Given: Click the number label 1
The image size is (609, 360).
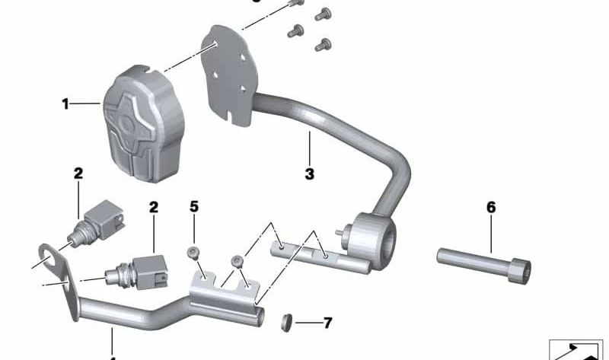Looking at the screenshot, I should (x=65, y=104).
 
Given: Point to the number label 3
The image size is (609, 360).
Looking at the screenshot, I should (x=309, y=174).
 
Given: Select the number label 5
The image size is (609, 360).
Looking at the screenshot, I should (x=194, y=206).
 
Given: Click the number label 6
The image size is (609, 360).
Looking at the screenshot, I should (x=491, y=206).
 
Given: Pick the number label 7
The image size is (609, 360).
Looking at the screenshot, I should (x=327, y=323).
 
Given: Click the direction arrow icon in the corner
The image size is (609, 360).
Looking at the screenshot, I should (x=576, y=350).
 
